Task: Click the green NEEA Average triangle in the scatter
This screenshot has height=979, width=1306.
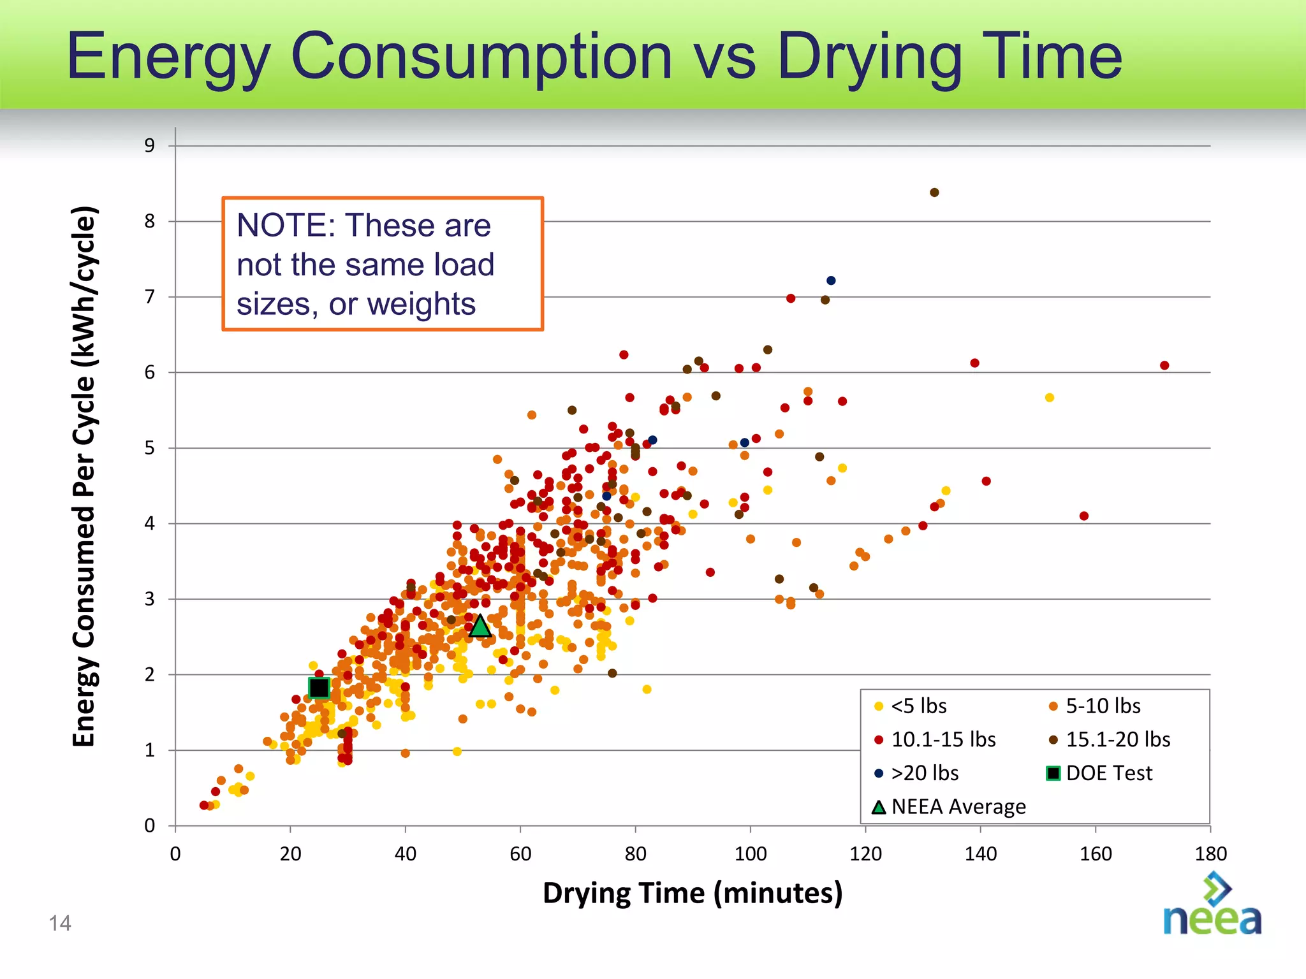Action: pos(480,627)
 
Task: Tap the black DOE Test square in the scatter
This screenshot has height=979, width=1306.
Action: pos(319,688)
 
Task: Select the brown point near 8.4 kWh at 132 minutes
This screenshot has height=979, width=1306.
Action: pos(934,192)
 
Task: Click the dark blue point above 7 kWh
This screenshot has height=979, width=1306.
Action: pos(831,280)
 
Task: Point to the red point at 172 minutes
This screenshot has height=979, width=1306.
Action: pos(1164,365)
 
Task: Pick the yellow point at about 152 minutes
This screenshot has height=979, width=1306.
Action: pos(1050,398)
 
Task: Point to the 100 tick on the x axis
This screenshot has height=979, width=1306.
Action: pos(751,853)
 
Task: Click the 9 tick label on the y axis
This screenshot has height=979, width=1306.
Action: pos(149,146)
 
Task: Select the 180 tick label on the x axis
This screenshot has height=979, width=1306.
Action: pos(1210,853)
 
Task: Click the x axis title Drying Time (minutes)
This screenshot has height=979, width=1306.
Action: pos(693,893)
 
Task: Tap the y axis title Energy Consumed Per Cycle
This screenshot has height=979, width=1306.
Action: pos(84,475)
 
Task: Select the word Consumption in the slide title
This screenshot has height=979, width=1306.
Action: pos(481,57)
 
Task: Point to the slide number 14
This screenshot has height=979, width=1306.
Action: pos(60,923)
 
